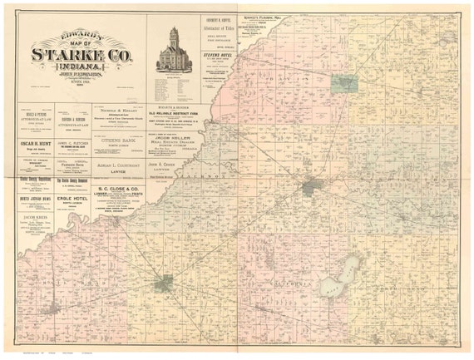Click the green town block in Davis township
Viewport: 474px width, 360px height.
[x=343, y=83]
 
